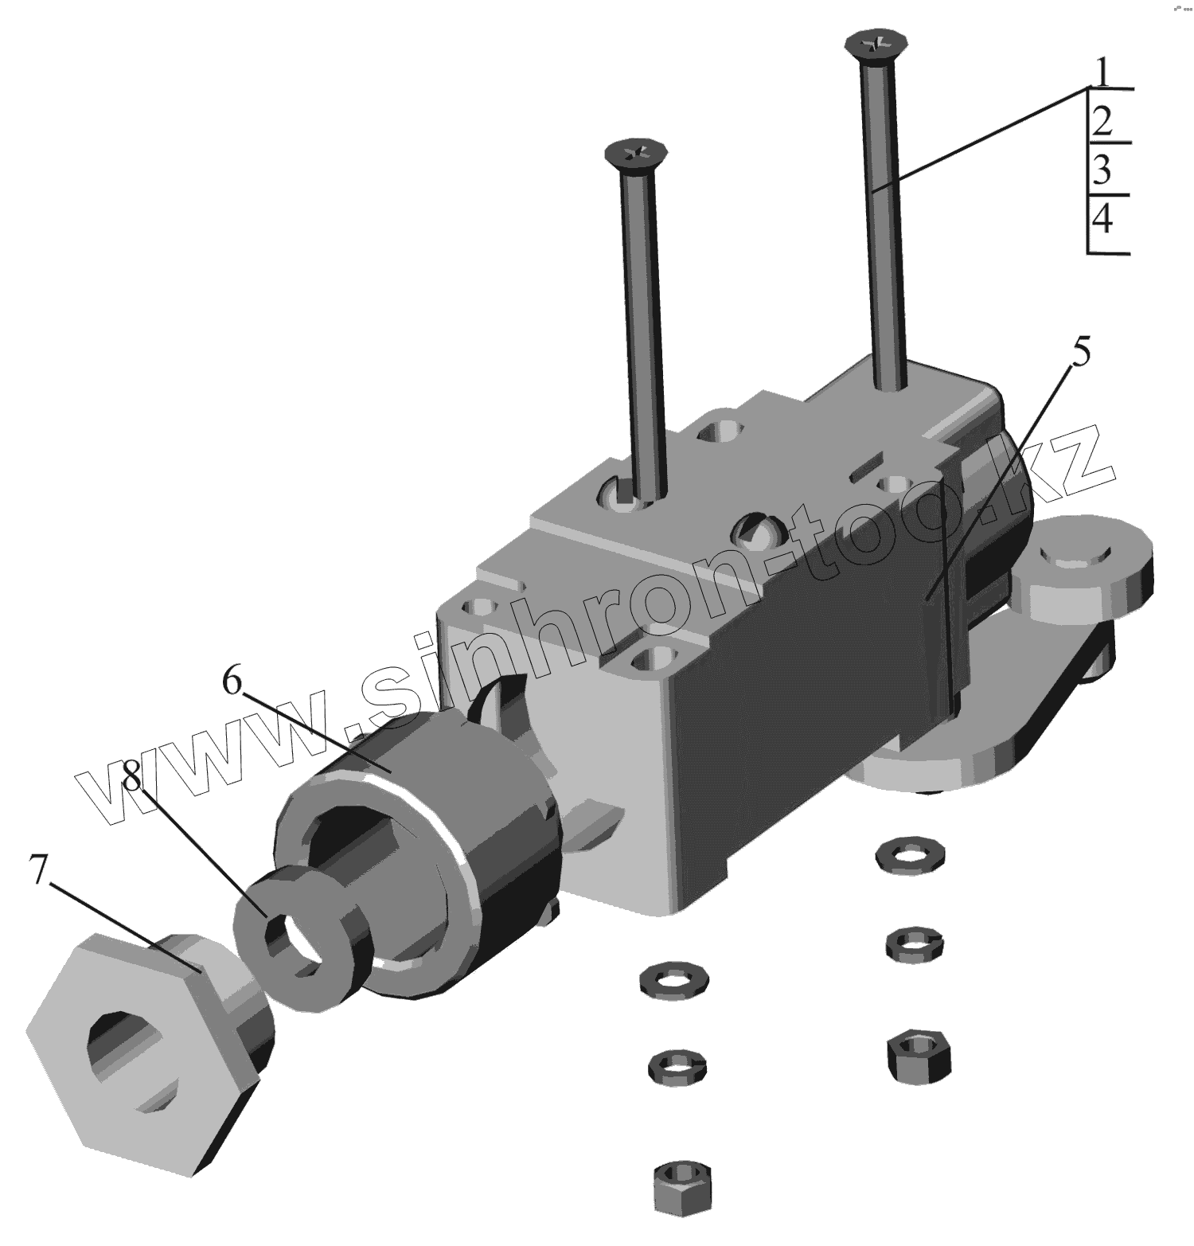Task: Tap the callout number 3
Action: (x=1102, y=170)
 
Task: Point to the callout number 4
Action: (x=1102, y=218)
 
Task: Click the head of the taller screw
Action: (x=874, y=45)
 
